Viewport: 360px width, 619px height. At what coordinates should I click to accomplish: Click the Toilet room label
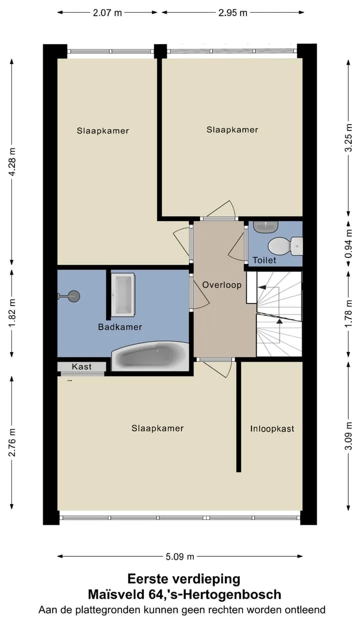[264, 260]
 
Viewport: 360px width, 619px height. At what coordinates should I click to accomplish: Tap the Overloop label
[222, 285]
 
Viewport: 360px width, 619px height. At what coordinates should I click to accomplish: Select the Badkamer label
[120, 327]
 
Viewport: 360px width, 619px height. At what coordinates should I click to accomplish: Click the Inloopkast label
[272, 428]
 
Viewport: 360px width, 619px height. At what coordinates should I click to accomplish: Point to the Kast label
[81, 366]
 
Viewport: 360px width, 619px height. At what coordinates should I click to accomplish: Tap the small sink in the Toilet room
[265, 227]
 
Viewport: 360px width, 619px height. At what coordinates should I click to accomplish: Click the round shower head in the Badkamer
[73, 296]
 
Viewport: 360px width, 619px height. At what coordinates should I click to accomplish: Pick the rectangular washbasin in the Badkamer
[122, 294]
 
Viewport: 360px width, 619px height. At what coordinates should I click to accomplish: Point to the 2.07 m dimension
[107, 12]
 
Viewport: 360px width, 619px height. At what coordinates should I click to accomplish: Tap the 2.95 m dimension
[232, 12]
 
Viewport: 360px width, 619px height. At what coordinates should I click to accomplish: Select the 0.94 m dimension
[349, 243]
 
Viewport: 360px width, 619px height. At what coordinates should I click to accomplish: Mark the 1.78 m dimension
[349, 314]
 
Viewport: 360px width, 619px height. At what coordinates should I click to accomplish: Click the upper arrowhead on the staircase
[262, 287]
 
